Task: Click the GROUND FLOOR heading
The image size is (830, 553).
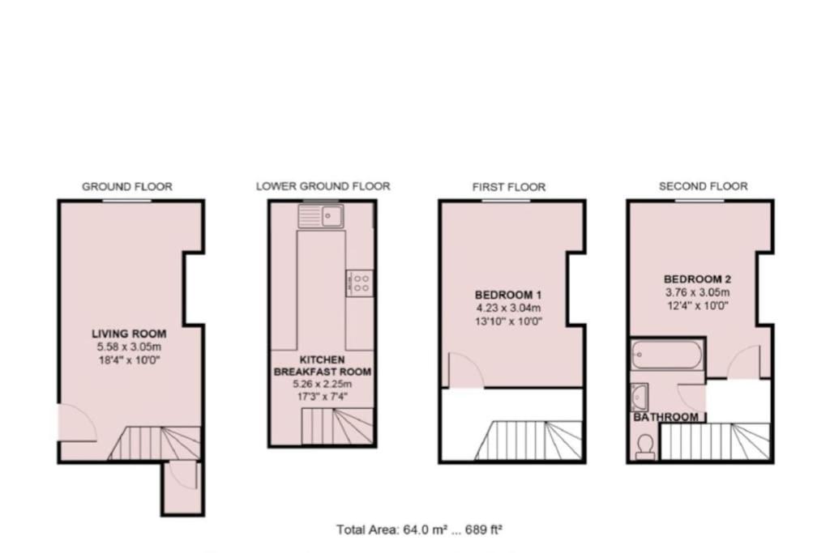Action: (127, 186)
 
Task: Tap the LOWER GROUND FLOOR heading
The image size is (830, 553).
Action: (323, 186)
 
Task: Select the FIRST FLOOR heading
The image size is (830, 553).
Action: (509, 187)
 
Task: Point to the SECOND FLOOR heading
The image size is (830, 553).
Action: (703, 186)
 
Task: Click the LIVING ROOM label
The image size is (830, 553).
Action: (129, 334)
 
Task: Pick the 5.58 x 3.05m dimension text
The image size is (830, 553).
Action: (129, 347)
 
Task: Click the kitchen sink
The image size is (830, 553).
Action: (321, 215)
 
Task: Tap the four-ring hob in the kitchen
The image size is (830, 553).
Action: (360, 283)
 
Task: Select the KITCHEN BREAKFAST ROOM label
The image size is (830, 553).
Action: (323, 366)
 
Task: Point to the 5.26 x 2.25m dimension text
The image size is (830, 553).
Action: (323, 385)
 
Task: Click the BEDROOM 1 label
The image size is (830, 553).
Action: (508, 295)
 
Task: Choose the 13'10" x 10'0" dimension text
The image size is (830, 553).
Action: (509, 321)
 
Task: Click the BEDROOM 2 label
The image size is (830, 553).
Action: (697, 279)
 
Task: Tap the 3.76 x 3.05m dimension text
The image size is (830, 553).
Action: (697, 292)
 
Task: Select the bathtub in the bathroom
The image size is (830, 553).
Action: (667, 354)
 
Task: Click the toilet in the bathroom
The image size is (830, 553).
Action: (644, 447)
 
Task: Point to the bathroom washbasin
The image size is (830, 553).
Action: (640, 397)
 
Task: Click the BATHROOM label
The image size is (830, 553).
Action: (666, 417)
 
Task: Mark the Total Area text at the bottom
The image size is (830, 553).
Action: (419, 530)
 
